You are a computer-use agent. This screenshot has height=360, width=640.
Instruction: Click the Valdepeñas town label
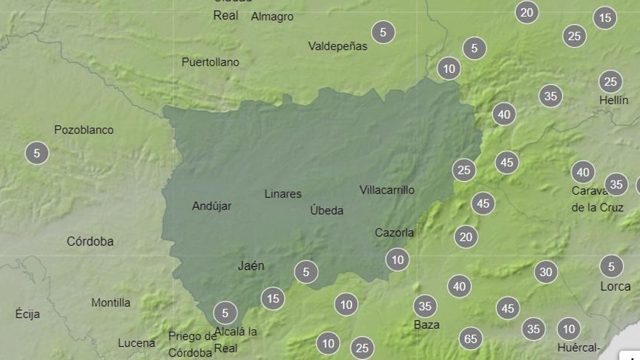click(x=338, y=46)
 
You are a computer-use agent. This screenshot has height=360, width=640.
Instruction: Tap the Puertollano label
click(x=210, y=62)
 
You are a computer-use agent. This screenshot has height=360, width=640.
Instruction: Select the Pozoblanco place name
click(x=84, y=130)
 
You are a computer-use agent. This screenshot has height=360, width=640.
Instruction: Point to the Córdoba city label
click(x=90, y=241)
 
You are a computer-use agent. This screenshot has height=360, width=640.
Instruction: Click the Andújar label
click(x=212, y=206)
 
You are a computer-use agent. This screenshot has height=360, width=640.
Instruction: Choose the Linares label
click(x=283, y=194)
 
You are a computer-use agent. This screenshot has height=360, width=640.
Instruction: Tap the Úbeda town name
click(x=326, y=210)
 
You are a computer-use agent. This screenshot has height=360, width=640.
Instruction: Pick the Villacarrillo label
click(x=387, y=190)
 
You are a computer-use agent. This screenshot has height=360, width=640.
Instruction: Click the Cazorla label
click(x=394, y=232)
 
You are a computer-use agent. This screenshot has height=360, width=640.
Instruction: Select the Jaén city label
click(x=251, y=266)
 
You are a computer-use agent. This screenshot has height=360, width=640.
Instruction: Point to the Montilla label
click(x=111, y=302)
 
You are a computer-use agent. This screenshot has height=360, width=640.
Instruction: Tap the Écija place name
click(x=28, y=314)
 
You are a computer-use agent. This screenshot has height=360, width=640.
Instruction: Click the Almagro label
click(x=272, y=17)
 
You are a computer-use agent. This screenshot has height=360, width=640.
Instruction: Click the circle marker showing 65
click(x=470, y=339)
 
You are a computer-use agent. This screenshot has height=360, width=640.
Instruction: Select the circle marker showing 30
click(x=546, y=272)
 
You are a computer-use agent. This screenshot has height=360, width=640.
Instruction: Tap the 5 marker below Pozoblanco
click(x=37, y=153)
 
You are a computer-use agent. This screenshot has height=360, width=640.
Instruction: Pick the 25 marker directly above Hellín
click(x=610, y=82)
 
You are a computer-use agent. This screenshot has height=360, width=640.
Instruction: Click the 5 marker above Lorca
click(x=611, y=266)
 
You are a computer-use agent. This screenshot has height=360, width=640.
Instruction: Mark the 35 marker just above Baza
click(x=425, y=306)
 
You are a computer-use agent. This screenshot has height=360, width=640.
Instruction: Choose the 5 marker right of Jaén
click(x=306, y=272)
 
